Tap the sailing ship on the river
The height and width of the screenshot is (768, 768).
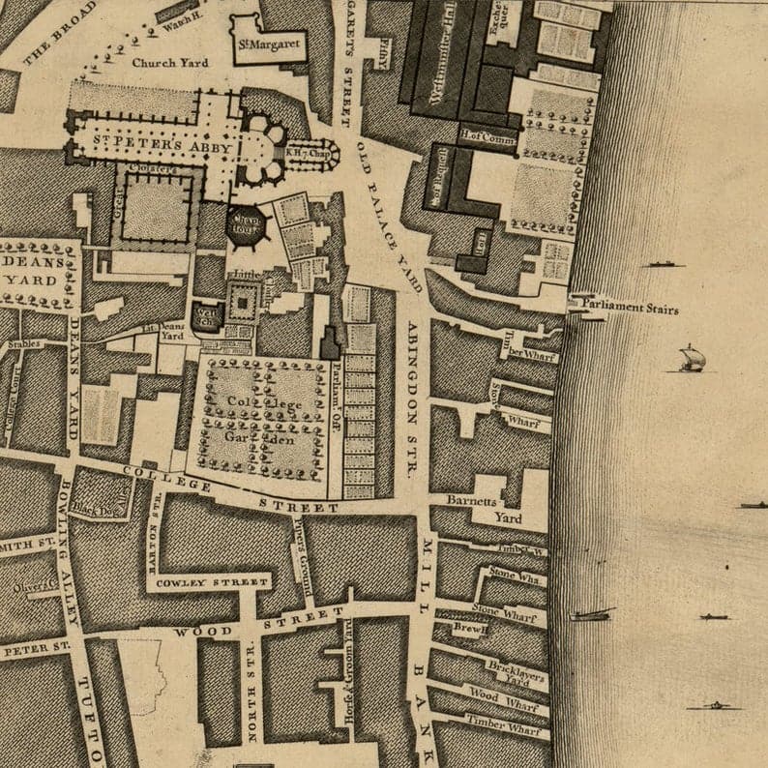pos(691,359)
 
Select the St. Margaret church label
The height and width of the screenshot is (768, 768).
pos(268,44)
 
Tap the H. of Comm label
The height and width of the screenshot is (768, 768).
pos(487,136)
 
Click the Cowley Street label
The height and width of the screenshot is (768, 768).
pos(222,582)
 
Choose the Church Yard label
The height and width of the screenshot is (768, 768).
pos(169,63)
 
